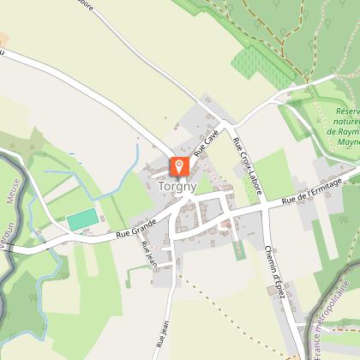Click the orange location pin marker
[179, 166]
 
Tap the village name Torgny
[178, 186]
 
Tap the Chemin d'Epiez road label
[274, 269]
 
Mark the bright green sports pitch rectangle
[81, 220]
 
